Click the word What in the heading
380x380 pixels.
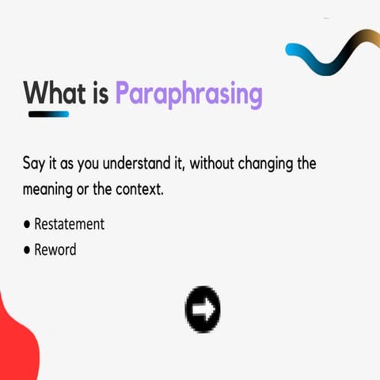(x=55, y=93)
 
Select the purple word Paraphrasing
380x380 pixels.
(x=188, y=94)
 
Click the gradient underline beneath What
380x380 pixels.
(x=48, y=114)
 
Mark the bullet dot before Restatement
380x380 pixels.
(x=26, y=225)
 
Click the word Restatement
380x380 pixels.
(x=69, y=224)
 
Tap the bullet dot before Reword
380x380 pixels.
(x=26, y=250)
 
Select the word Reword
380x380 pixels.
(x=55, y=249)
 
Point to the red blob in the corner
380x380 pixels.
(x=16, y=340)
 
